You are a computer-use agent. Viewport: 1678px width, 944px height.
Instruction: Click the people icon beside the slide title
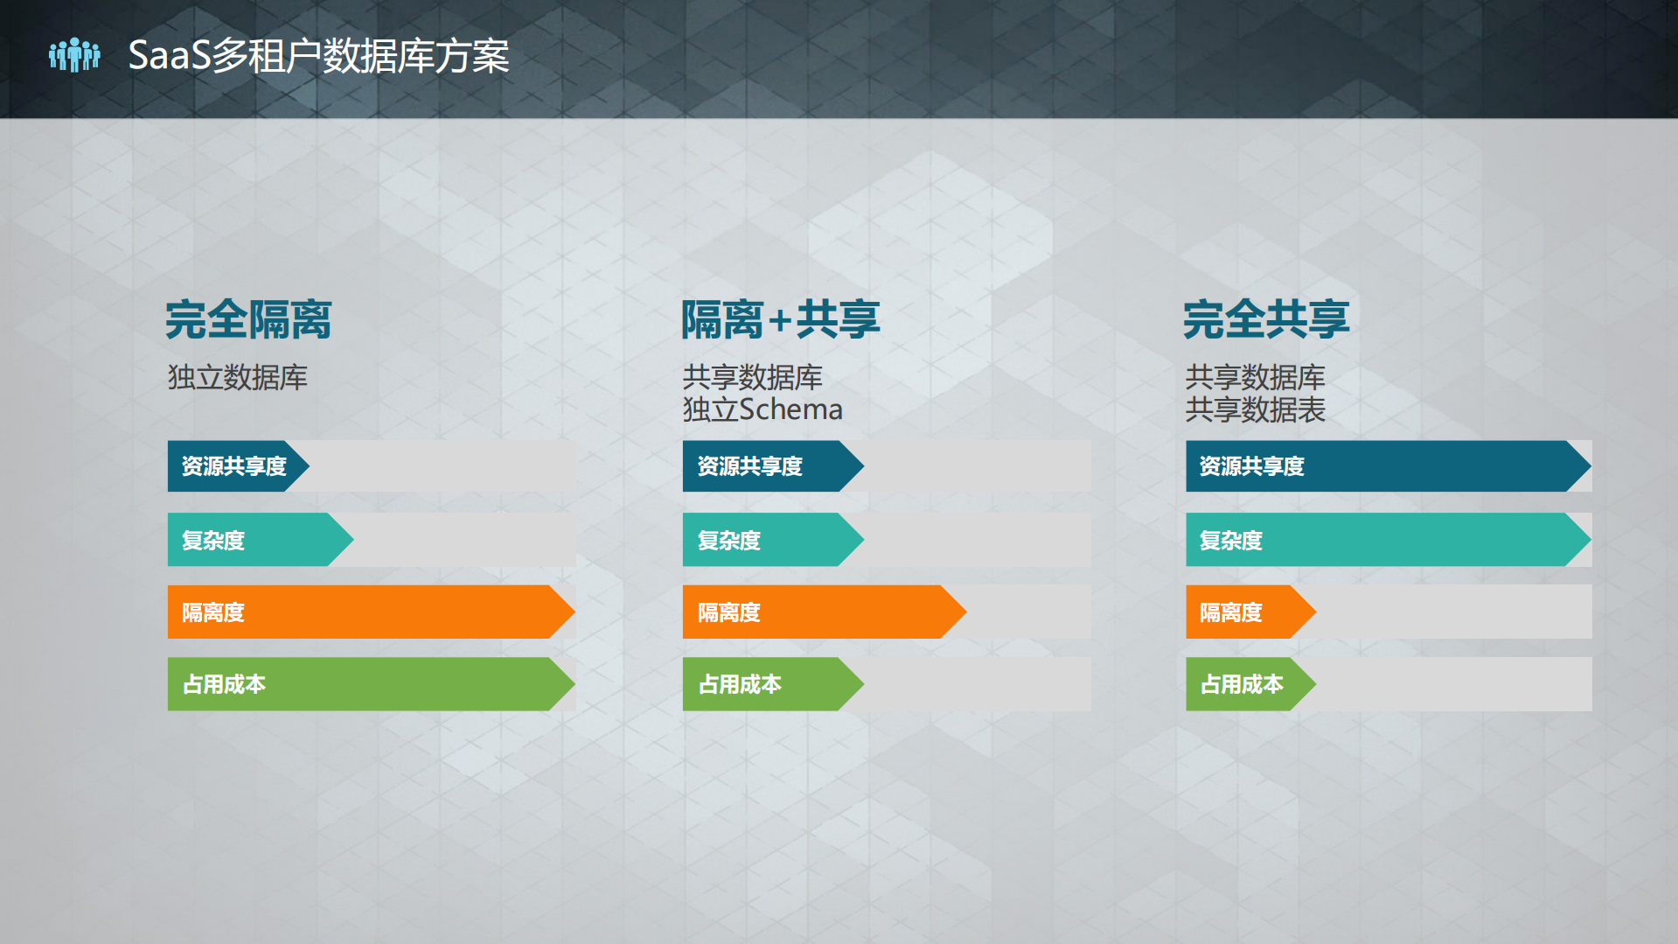(74, 55)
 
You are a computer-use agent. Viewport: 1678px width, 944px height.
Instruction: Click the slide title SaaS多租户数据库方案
(318, 56)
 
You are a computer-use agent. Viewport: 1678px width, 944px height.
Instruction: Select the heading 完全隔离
(249, 319)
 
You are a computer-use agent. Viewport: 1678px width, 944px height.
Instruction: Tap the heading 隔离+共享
(780, 319)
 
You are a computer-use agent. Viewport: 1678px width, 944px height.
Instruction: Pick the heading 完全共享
(1266, 319)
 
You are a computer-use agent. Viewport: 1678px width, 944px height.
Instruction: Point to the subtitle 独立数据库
(238, 378)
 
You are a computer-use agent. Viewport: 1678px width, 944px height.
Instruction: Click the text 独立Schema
(762, 409)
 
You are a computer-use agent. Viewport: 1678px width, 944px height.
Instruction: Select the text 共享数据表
(1256, 409)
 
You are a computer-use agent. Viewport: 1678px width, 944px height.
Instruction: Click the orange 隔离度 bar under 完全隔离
(367, 612)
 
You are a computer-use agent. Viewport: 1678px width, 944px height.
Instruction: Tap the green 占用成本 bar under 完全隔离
(367, 684)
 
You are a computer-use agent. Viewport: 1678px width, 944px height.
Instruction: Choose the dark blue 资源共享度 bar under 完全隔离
(236, 466)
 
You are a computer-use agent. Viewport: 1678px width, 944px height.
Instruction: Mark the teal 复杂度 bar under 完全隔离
(258, 540)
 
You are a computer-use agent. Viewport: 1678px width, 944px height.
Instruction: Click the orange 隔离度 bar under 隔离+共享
(822, 612)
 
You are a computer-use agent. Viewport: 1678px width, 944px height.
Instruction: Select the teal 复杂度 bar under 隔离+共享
(769, 540)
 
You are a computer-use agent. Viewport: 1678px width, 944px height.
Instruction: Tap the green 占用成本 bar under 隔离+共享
(769, 684)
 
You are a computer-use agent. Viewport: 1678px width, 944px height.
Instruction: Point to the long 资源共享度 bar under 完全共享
(1386, 466)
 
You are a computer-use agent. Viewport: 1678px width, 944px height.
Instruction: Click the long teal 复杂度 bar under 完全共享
(1386, 540)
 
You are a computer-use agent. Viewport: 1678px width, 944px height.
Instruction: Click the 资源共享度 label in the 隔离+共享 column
(750, 466)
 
